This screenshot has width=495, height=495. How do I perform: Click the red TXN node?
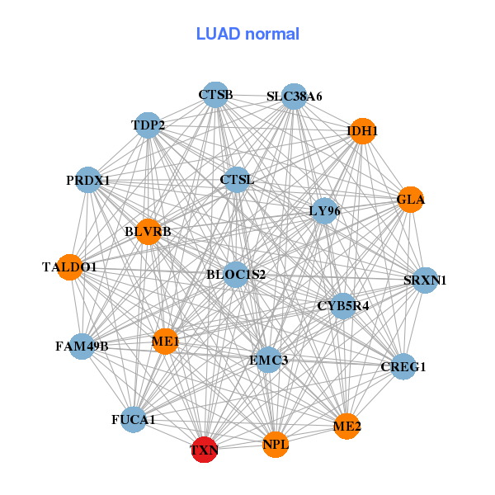point(204,450)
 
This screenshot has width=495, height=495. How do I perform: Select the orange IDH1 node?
point(363,131)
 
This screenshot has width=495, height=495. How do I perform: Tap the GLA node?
point(411,200)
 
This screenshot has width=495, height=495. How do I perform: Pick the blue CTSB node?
point(215,95)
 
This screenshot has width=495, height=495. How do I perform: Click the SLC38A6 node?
point(294,97)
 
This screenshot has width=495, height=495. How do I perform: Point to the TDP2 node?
point(148,125)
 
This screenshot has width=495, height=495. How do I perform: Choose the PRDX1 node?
point(88,180)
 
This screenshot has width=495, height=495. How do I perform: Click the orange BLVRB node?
point(148,232)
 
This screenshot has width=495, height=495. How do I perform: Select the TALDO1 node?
point(70,267)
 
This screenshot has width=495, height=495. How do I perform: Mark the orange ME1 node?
point(165,341)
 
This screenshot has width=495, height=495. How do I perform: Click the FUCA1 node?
point(134,420)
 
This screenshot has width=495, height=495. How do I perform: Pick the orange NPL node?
point(276,445)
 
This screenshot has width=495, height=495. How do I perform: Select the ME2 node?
point(347,427)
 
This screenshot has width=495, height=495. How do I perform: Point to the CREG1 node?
point(403,366)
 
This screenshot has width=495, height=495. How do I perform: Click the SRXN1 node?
point(425,280)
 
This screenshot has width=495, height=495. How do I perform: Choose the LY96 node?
point(324,211)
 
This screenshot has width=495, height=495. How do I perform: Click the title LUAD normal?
point(247,34)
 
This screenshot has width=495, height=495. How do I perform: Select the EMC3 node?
point(269,360)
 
